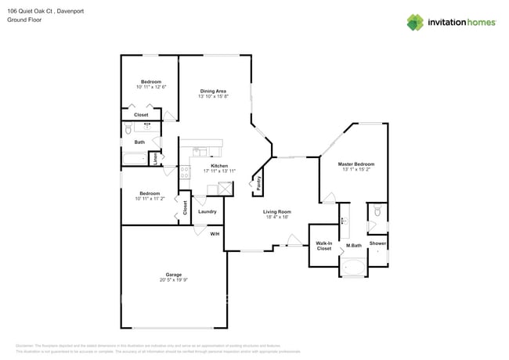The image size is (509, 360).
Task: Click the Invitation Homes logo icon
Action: click(414, 22)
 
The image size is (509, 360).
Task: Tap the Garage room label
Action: click(173, 275)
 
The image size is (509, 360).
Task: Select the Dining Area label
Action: click(213, 91)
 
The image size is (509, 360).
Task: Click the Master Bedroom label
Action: click(356, 164)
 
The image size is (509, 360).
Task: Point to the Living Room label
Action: click(276, 211)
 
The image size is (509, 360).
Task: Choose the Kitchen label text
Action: click(218, 165)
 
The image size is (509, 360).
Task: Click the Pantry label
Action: click(259, 183)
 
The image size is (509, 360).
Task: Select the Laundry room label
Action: click(207, 211)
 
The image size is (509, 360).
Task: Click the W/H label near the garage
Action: click(215, 233)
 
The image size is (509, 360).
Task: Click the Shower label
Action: click(377, 243)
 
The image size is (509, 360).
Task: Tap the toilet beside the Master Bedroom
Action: click(377, 211)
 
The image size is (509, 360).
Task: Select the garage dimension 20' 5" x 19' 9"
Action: click(173, 280)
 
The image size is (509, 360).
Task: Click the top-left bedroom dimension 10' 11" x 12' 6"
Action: click(151, 88)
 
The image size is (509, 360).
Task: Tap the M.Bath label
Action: click(353, 246)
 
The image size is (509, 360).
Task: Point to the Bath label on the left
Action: click(139, 142)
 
